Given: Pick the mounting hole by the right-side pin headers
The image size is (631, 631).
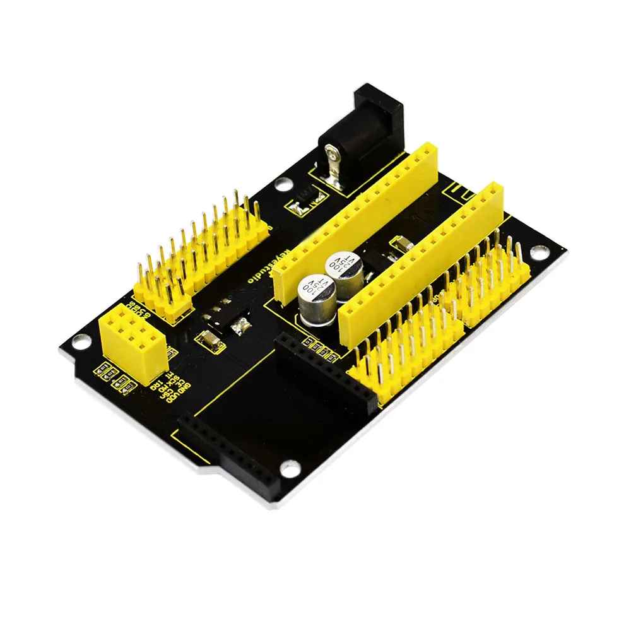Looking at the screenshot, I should coord(538,252).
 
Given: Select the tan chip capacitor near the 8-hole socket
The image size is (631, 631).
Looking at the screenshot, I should coord(208,341).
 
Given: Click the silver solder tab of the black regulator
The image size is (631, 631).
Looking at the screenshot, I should coord(239,326).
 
